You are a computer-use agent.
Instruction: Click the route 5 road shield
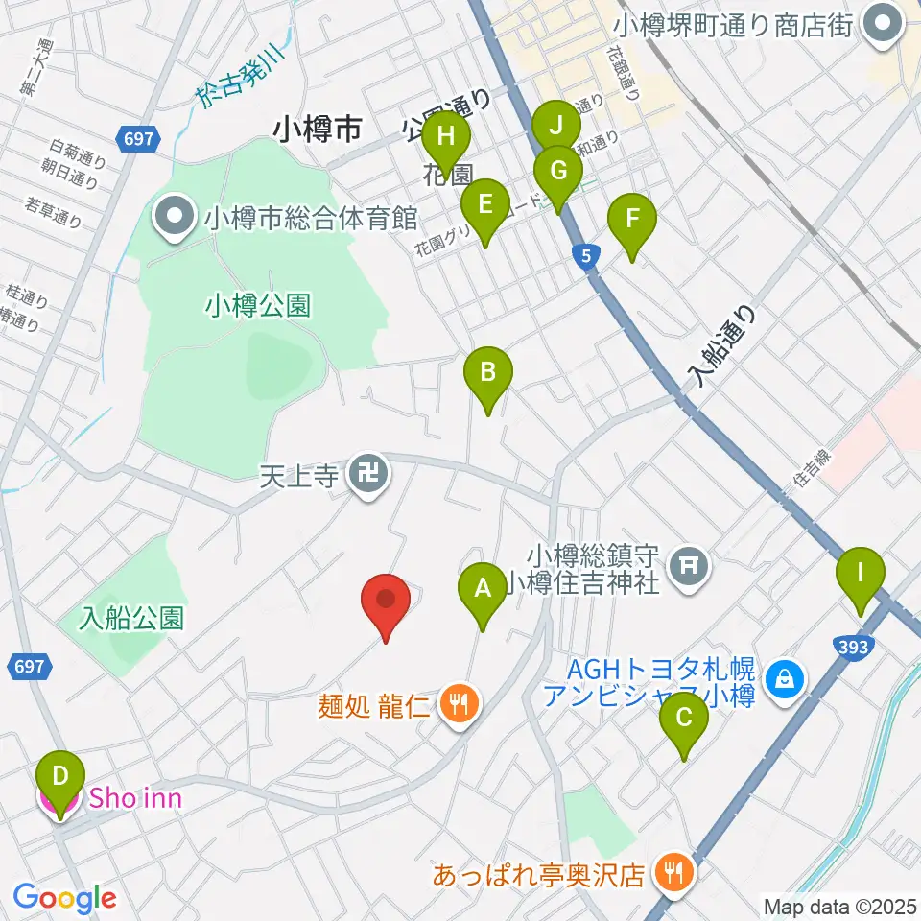click(x=586, y=255)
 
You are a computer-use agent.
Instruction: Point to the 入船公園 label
click(x=132, y=617)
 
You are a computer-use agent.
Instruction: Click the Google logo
click(x=64, y=898)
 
